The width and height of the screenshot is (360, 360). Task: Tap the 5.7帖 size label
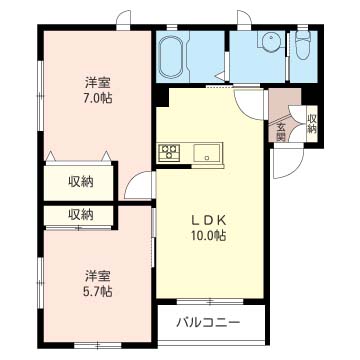coord(97,291)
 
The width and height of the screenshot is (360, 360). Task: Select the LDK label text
coord(209,220)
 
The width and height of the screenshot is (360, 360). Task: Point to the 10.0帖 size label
coord(209,236)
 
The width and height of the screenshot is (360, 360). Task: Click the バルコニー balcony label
coord(209,322)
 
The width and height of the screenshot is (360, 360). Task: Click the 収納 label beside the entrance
coord(312,123)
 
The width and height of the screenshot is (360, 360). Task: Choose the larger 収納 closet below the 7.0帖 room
coord(81,181)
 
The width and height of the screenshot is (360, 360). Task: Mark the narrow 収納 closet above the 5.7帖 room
coord(81,214)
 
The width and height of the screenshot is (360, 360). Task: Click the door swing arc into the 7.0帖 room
coord(140,186)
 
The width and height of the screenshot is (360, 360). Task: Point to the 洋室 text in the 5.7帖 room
coord(97,275)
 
